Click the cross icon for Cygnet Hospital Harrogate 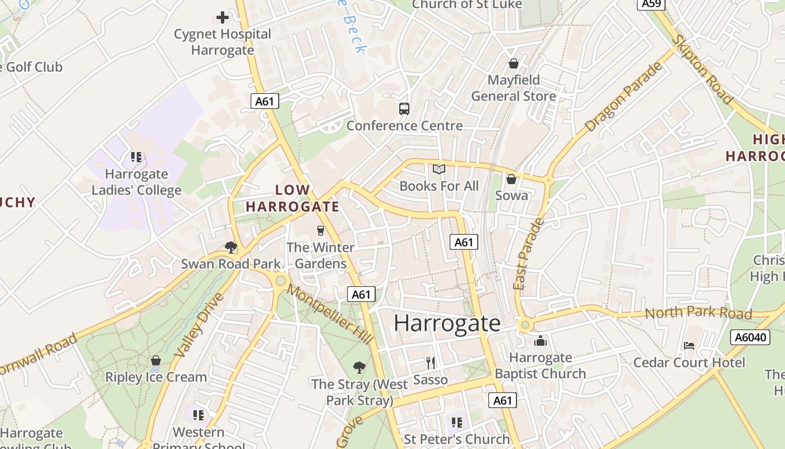pyautogui.click(x=223, y=17)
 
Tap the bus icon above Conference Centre pyautogui.click(x=404, y=109)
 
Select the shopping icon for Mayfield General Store pyautogui.click(x=513, y=63)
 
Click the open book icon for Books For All pyautogui.click(x=439, y=169)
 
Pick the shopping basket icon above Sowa pyautogui.click(x=511, y=179)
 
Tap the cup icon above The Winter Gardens pyautogui.click(x=320, y=230)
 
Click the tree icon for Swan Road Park pyautogui.click(x=230, y=247)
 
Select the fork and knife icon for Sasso pyautogui.click(x=431, y=363)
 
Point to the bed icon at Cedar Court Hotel pyautogui.click(x=689, y=345)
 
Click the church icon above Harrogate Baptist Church pyautogui.click(x=541, y=341)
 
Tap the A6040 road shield pyautogui.click(x=749, y=337)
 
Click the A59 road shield pyautogui.click(x=652, y=4)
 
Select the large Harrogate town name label pyautogui.click(x=447, y=323)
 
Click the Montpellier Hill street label pyautogui.click(x=330, y=315)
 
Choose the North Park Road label pyautogui.click(x=698, y=313)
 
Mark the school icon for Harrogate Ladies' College pyautogui.click(x=136, y=157)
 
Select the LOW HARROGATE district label pyautogui.click(x=292, y=198)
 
